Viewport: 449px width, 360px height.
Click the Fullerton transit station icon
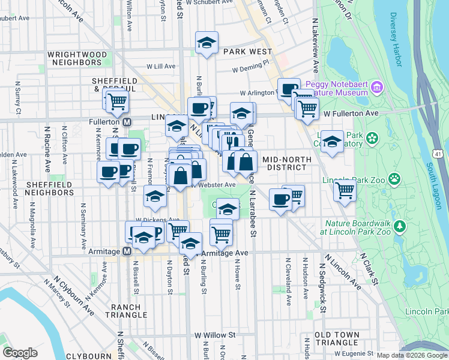pos(127,121)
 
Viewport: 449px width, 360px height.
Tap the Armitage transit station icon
pos(127,252)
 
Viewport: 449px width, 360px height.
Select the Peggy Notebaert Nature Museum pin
pos(378,88)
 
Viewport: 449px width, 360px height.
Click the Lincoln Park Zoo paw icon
pos(394,178)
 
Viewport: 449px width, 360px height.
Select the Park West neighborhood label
pos(248,52)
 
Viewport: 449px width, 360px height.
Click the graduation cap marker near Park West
pos(206,43)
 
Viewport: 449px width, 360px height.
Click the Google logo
pos(20,353)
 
